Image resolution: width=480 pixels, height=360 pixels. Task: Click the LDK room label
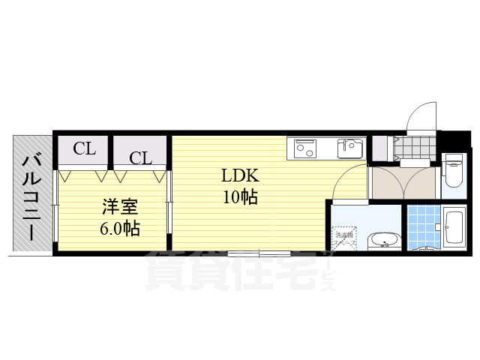coord(239,176)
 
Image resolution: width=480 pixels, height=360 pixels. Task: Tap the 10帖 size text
coord(239,197)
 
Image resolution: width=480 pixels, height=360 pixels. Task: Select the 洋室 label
coord(120,206)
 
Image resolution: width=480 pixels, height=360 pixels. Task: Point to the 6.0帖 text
coord(120,227)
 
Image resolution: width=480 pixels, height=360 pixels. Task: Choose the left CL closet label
coord(84,148)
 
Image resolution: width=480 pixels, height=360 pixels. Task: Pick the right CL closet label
coord(140,157)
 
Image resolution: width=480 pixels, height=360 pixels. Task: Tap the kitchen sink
coord(349,148)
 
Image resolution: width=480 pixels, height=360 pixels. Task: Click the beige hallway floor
coord(403,182)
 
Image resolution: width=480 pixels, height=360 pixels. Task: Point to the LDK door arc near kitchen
coord(349,182)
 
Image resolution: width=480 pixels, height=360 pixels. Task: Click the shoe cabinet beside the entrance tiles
coord(380,148)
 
